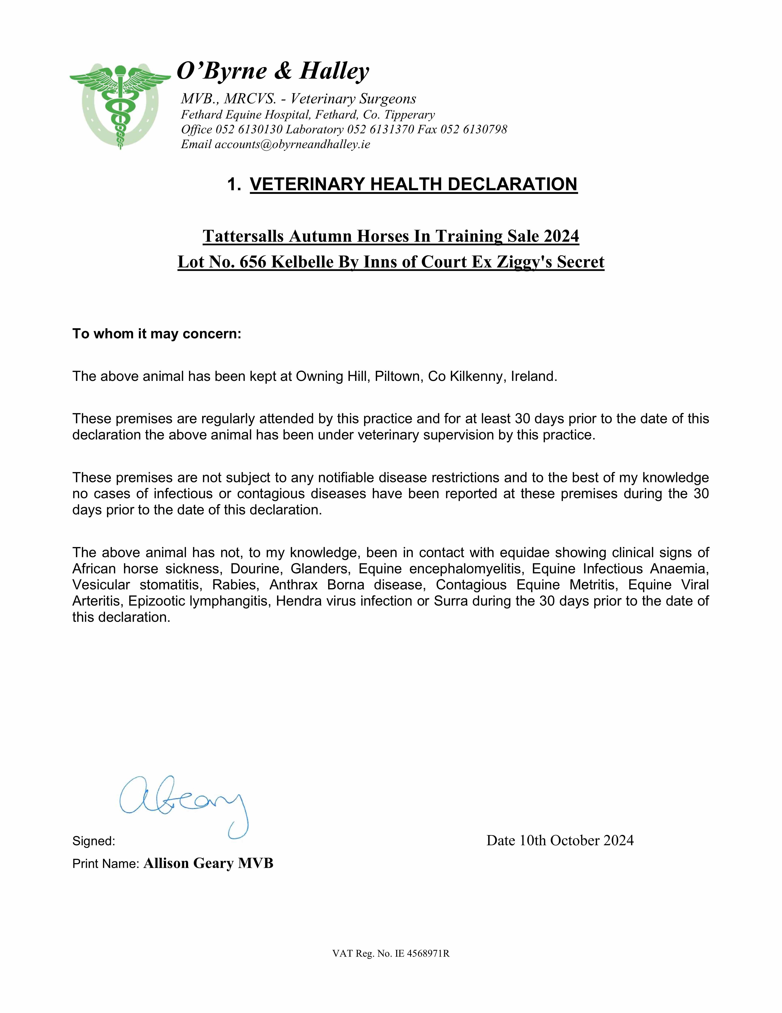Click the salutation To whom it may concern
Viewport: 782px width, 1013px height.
[157, 334]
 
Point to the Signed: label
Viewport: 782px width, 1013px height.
[94, 841]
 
